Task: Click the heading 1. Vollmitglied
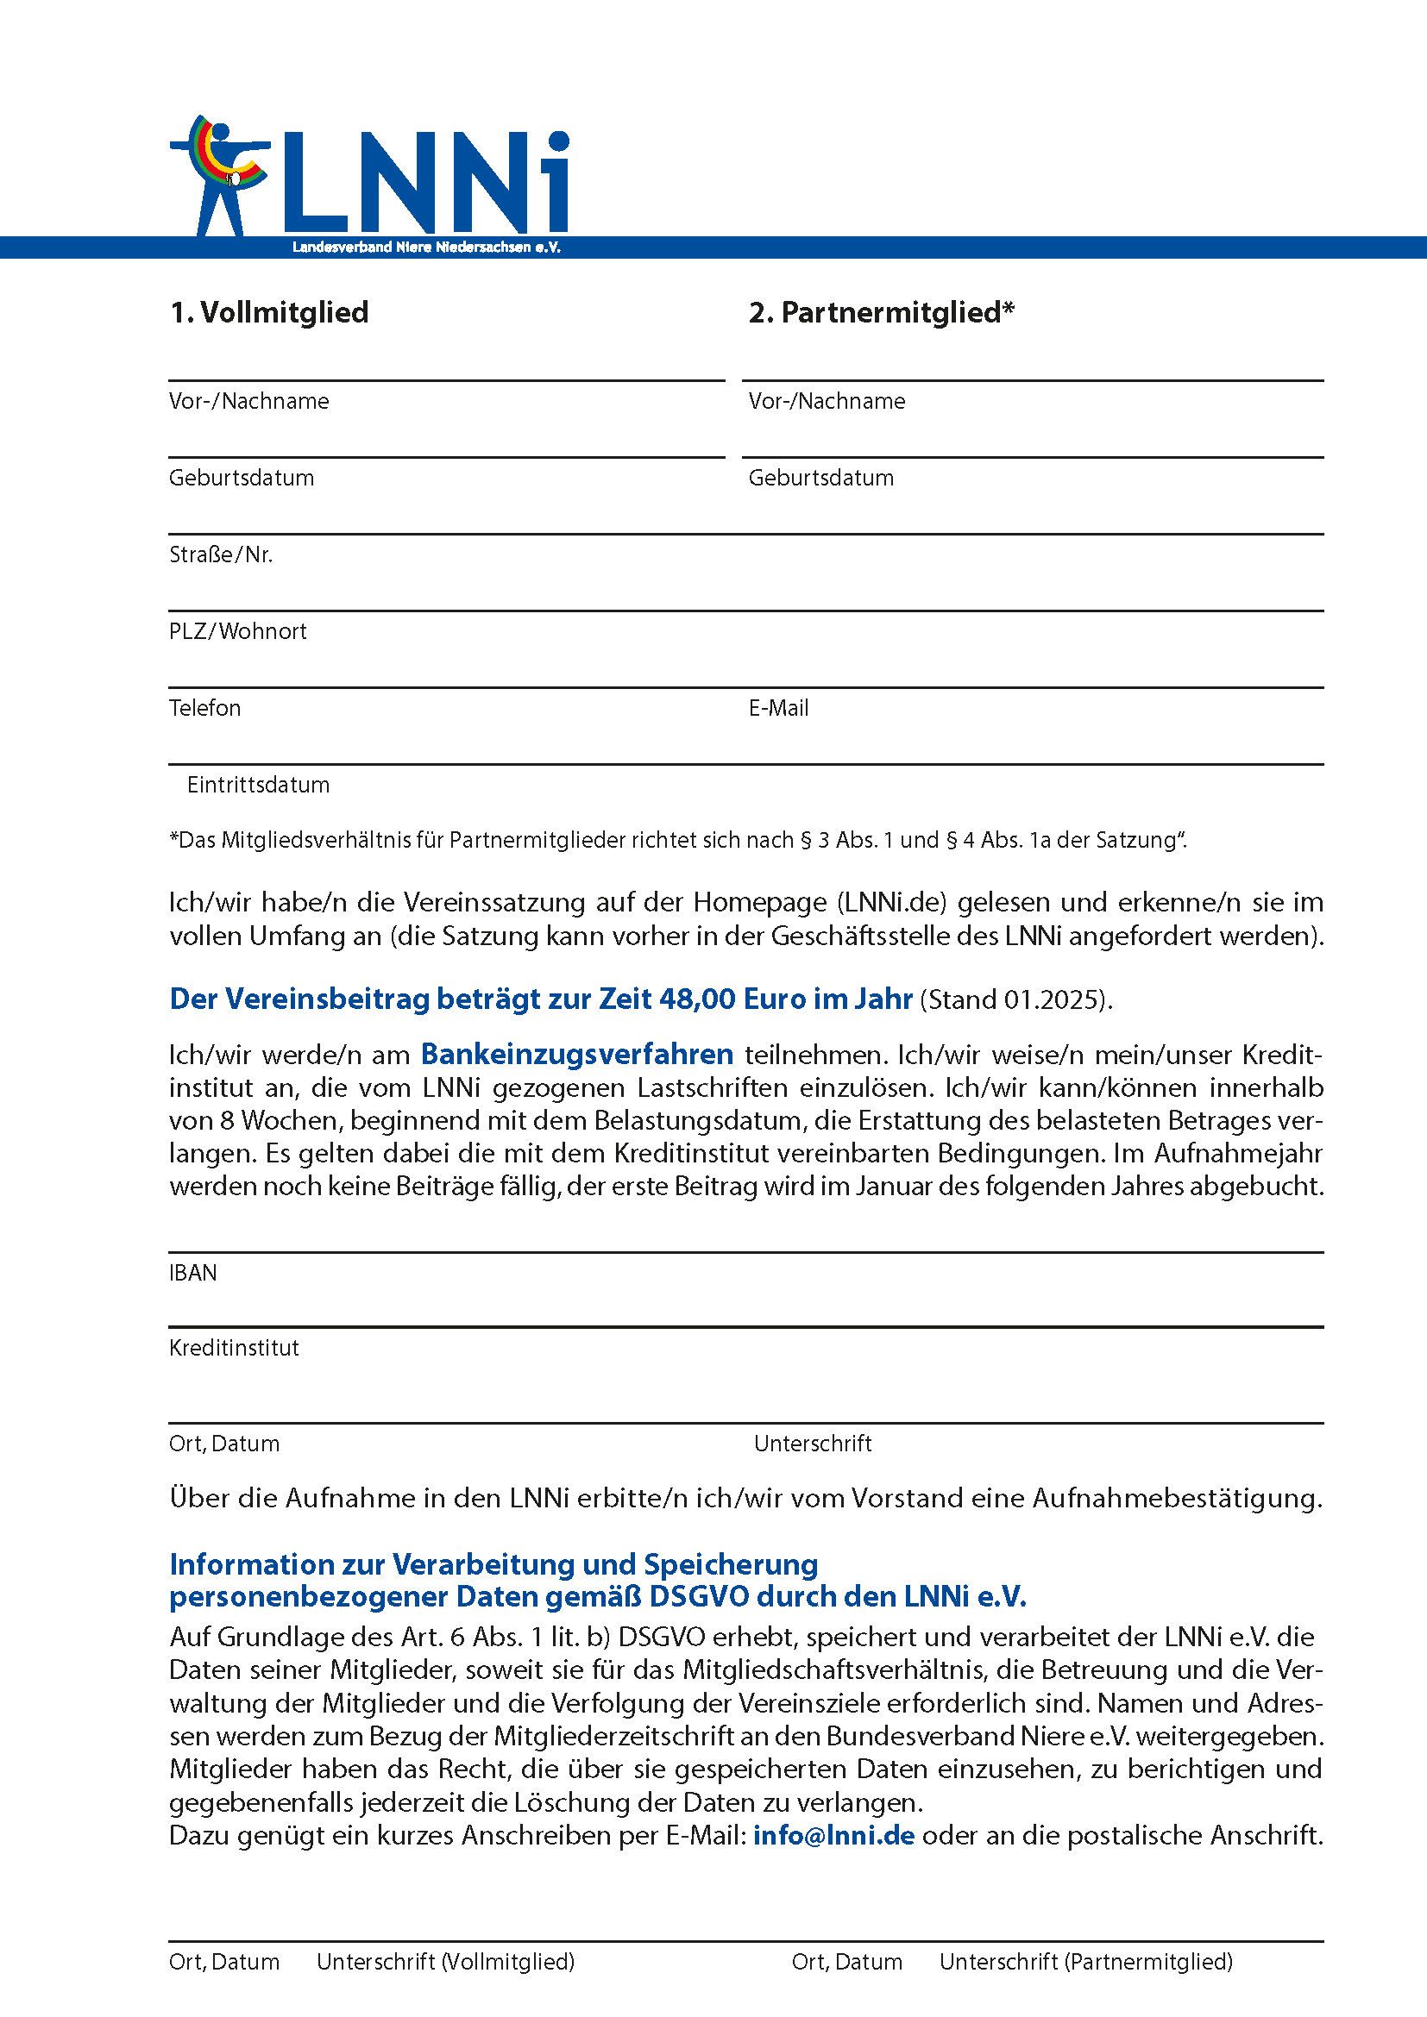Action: click(269, 313)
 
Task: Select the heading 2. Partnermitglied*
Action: click(882, 313)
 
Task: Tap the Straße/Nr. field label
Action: click(221, 555)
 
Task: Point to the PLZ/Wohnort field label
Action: click(238, 631)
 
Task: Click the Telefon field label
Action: click(204, 708)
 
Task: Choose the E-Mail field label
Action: click(778, 708)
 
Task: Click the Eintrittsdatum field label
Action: click(258, 785)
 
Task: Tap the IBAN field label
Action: click(192, 1273)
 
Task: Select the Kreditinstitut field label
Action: click(234, 1349)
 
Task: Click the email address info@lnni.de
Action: click(834, 1835)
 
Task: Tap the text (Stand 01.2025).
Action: click(1015, 1000)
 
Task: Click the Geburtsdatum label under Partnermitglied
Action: click(820, 478)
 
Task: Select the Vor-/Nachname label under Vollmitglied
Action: click(248, 402)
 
